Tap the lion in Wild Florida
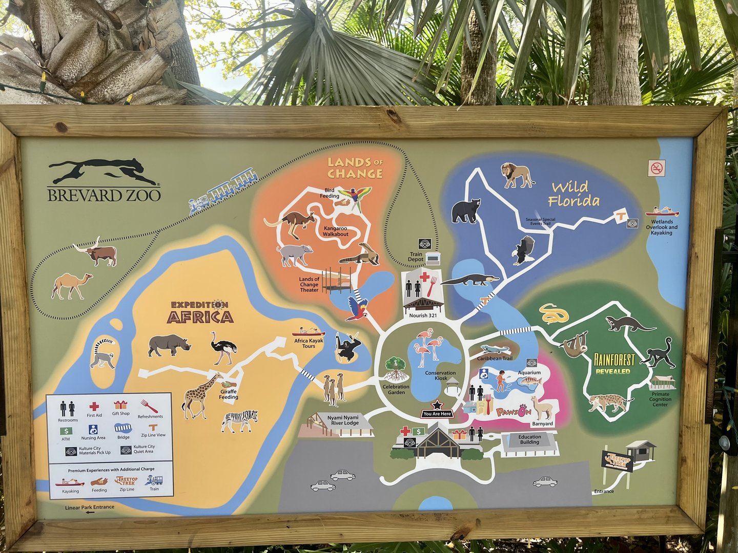tap(517, 175)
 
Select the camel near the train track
tap(72, 285)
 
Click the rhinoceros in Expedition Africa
tap(169, 346)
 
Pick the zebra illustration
tap(240, 420)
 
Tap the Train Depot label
tap(416, 257)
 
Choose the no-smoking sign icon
tap(657, 168)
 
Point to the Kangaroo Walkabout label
tap(335, 231)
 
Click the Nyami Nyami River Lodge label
tap(344, 420)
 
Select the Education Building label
tap(529, 439)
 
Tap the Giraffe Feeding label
tap(229, 394)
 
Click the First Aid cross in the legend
tap(94, 407)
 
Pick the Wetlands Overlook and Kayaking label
tap(662, 227)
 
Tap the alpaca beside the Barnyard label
tap(541, 408)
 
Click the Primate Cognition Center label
tap(660, 399)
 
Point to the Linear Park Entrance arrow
tap(90, 512)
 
